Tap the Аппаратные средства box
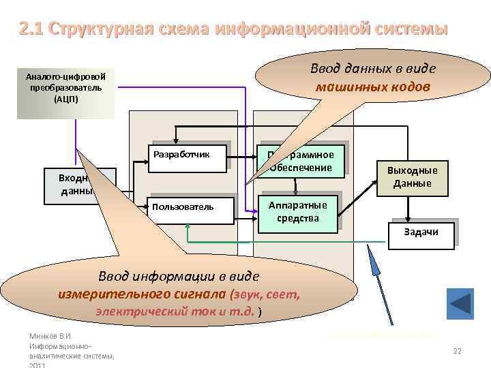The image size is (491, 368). click(x=298, y=212)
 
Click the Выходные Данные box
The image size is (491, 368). click(x=412, y=177)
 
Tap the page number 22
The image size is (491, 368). click(x=457, y=351)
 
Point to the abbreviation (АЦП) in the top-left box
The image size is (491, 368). click(x=66, y=99)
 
